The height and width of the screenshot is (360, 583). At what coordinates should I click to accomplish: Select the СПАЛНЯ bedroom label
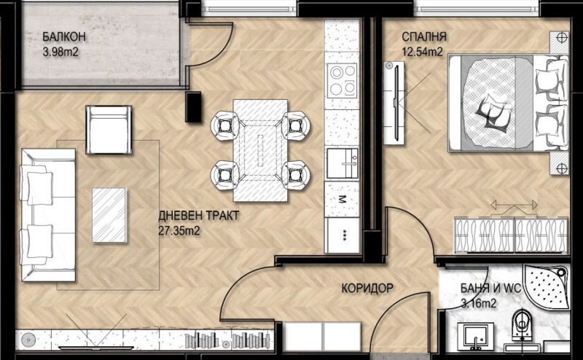pyautogui.click(x=424, y=37)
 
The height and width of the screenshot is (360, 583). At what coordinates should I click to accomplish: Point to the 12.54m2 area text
pyautogui.click(x=423, y=51)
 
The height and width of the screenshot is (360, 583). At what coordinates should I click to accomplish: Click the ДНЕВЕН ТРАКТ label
pyautogui.click(x=199, y=216)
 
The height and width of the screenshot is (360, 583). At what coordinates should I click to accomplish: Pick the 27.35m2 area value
pyautogui.click(x=180, y=230)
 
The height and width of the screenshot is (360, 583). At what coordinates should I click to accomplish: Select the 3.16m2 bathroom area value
pyautogui.click(x=479, y=303)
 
